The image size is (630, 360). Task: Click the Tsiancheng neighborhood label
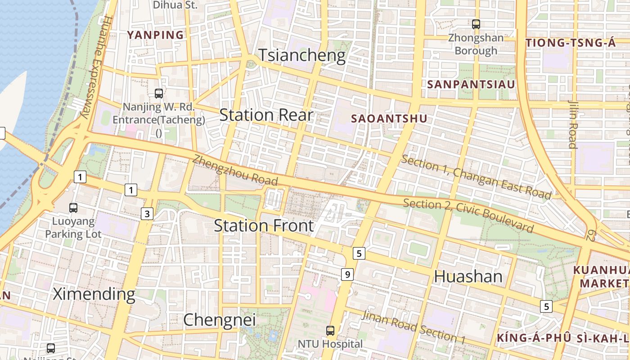click(302, 55)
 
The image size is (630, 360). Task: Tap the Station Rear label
click(266, 115)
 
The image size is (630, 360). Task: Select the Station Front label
click(263, 225)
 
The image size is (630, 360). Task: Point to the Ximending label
click(94, 294)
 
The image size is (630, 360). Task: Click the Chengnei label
click(219, 320)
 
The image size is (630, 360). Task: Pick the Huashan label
click(468, 276)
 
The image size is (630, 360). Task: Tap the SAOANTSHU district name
click(389, 119)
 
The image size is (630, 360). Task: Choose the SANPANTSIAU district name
click(471, 85)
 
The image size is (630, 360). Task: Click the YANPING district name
click(155, 35)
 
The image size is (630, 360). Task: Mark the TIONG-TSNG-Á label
click(570, 43)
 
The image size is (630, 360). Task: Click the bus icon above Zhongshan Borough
click(476, 24)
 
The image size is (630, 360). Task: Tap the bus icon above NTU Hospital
click(330, 331)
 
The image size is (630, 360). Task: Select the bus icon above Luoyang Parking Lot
click(73, 208)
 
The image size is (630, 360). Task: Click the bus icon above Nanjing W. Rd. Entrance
click(158, 94)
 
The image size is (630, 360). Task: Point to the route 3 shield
click(147, 214)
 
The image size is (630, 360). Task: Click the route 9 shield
click(347, 274)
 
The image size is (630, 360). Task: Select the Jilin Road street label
click(572, 124)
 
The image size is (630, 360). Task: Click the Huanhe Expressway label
click(95, 67)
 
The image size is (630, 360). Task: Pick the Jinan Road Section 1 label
click(413, 327)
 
